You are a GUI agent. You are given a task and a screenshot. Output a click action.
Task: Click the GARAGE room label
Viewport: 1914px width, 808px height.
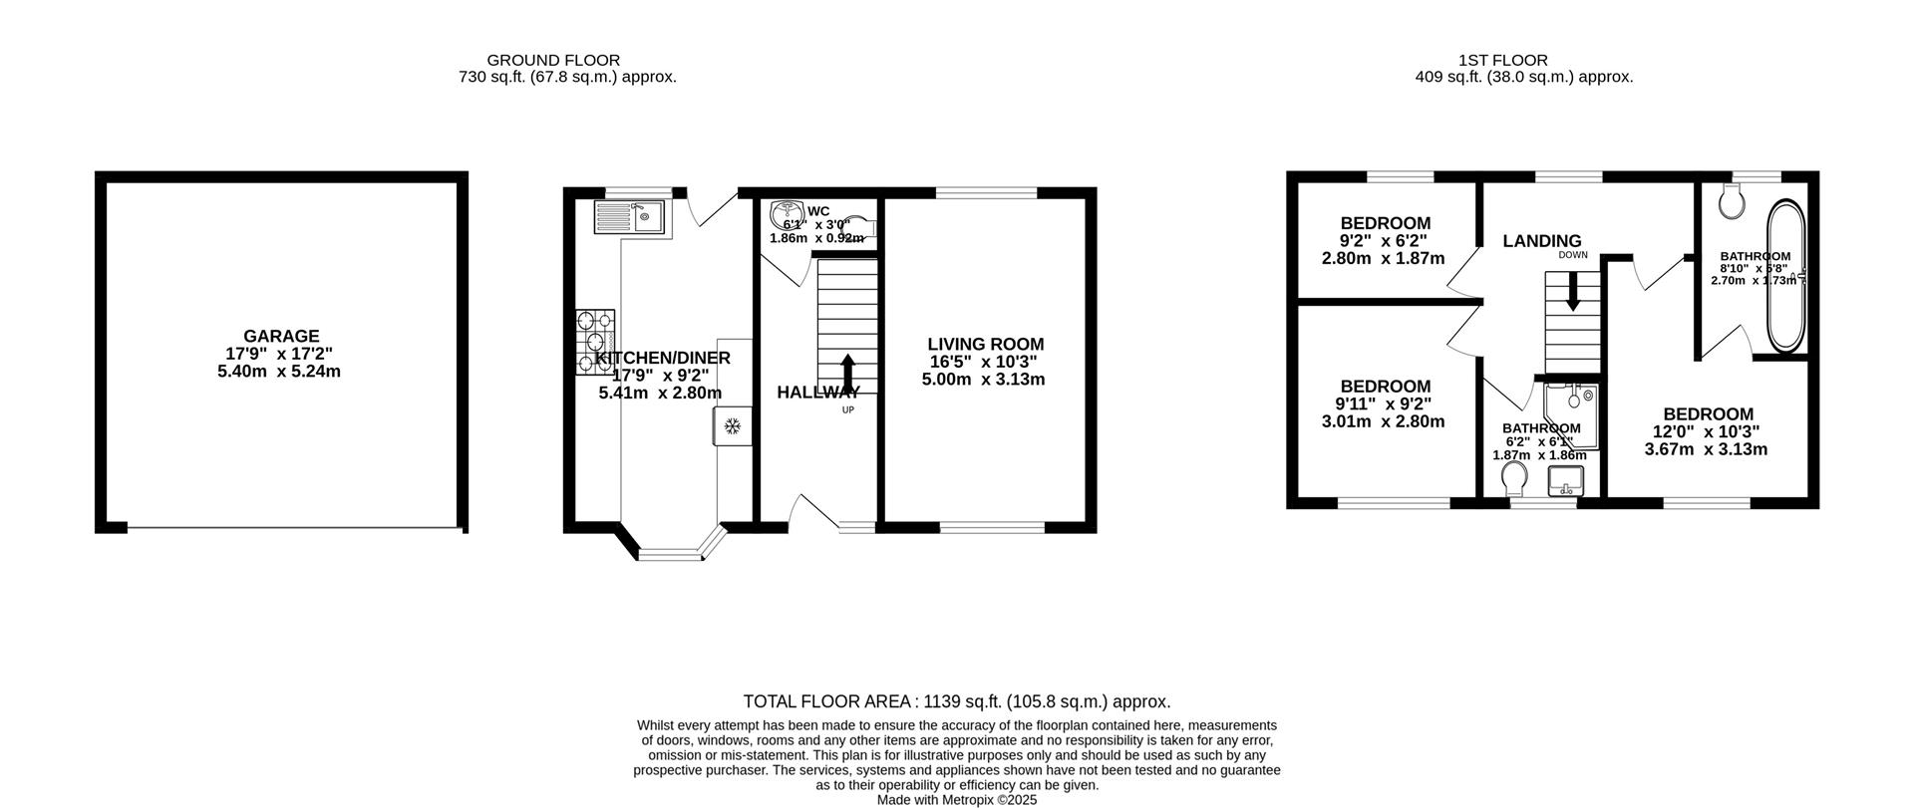pyautogui.click(x=280, y=336)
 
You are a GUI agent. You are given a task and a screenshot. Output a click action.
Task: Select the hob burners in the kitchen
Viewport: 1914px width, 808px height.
pyautogui.click(x=595, y=343)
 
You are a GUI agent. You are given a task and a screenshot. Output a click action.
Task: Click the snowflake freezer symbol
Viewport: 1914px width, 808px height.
pyautogui.click(x=732, y=427)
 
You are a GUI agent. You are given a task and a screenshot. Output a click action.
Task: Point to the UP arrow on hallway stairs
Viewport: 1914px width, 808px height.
pyautogui.click(x=847, y=375)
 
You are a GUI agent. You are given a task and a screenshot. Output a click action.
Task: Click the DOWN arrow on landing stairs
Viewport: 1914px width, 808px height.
pyautogui.click(x=1572, y=294)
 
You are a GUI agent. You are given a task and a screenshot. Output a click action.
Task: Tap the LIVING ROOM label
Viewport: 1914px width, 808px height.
pyautogui.click(x=985, y=344)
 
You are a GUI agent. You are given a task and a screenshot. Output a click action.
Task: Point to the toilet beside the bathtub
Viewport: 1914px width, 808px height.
pyautogui.click(x=1733, y=202)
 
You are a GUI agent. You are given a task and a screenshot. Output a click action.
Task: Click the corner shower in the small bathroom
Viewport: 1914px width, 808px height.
pyautogui.click(x=1572, y=407)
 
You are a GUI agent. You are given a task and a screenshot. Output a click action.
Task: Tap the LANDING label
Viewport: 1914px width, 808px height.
pyautogui.click(x=1541, y=241)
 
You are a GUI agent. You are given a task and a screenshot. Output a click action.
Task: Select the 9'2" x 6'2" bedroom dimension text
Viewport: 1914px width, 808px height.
pyautogui.click(x=1384, y=240)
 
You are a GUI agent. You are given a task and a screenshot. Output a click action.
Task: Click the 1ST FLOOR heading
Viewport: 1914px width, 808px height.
pyautogui.click(x=1523, y=61)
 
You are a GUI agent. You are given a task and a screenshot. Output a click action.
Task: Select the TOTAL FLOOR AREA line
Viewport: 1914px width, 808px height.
pyautogui.click(x=956, y=701)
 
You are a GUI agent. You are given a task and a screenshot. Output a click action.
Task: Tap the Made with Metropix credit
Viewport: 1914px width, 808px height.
pyautogui.click(x=956, y=799)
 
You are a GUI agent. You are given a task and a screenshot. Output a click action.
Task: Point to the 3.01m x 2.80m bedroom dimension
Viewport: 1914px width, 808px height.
pyautogui.click(x=1384, y=421)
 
